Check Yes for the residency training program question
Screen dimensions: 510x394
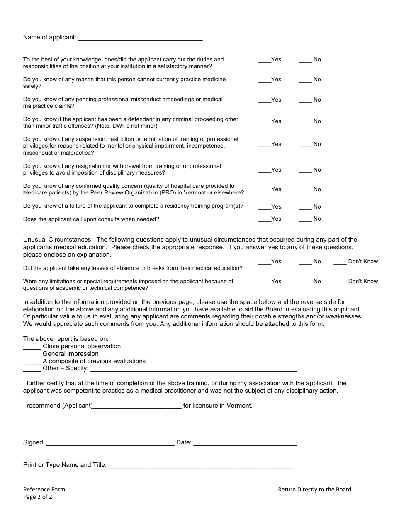[265, 207]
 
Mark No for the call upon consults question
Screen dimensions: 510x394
[305, 219]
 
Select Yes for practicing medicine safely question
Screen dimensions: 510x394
[265, 80]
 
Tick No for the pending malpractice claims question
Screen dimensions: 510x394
[305, 100]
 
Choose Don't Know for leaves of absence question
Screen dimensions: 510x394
[340, 262]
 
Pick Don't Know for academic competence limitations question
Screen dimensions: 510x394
[340, 282]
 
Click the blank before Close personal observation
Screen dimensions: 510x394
[32, 347]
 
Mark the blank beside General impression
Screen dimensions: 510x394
[32, 354]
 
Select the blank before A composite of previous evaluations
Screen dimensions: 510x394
[32, 362]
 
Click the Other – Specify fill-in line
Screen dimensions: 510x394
[193, 369]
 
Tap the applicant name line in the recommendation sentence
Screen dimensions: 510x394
[137, 406]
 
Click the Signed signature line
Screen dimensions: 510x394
[110, 443]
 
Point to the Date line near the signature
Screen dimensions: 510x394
[245, 443]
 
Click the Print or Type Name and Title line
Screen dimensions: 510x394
[200, 465]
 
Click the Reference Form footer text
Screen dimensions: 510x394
[44, 489]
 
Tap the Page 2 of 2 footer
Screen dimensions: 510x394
[38, 497]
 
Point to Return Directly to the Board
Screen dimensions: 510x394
[314, 489]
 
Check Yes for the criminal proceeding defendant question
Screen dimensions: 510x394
[265, 121]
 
